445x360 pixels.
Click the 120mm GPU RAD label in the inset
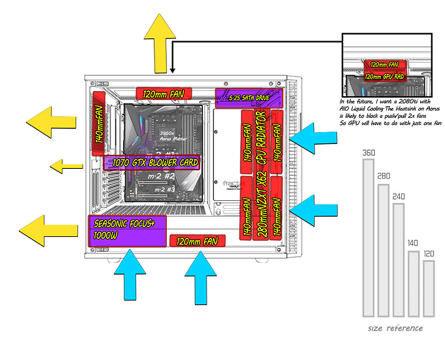point(382,77)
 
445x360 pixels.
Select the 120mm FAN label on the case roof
point(164,94)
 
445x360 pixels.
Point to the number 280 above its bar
point(383,176)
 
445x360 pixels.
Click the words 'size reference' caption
point(395,328)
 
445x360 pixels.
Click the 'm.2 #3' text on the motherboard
point(164,190)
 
